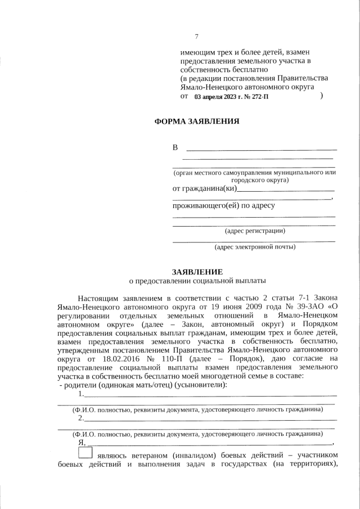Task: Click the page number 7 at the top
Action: click(197, 37)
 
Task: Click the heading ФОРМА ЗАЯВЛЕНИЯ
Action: click(197, 121)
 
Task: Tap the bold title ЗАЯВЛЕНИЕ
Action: click(197, 271)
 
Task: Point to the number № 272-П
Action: click(255, 97)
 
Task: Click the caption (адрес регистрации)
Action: click(255, 231)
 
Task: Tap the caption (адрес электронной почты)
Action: click(255, 246)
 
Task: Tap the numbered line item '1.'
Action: click(82, 393)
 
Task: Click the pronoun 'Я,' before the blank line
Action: click(82, 442)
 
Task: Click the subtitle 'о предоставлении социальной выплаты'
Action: click(197, 280)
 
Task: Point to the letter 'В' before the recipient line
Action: click(175, 148)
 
